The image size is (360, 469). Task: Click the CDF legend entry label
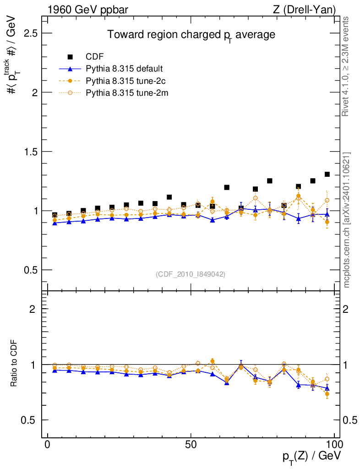95,57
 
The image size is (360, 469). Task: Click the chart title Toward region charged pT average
191,35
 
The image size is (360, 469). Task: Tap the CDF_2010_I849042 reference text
191,274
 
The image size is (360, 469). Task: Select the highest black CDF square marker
327,175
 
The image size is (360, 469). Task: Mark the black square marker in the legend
70,57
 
